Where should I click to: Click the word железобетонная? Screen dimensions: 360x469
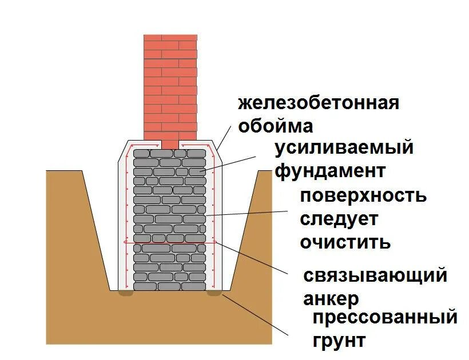point(319,103)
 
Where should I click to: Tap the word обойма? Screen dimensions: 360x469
point(275,125)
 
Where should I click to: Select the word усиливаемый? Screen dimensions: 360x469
point(344,148)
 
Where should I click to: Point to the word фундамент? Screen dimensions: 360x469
point(330,171)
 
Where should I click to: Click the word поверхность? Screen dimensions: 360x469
point(363,195)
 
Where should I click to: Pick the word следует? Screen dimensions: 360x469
point(339,218)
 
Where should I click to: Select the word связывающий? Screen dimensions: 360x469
point(375,275)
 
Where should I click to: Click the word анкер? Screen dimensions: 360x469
point(331,298)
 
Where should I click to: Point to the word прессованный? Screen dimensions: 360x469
point(385,317)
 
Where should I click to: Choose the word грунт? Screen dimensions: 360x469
point(339,341)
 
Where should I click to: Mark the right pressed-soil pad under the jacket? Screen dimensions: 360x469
point(214,293)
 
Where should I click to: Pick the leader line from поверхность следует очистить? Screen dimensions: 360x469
point(246,213)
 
